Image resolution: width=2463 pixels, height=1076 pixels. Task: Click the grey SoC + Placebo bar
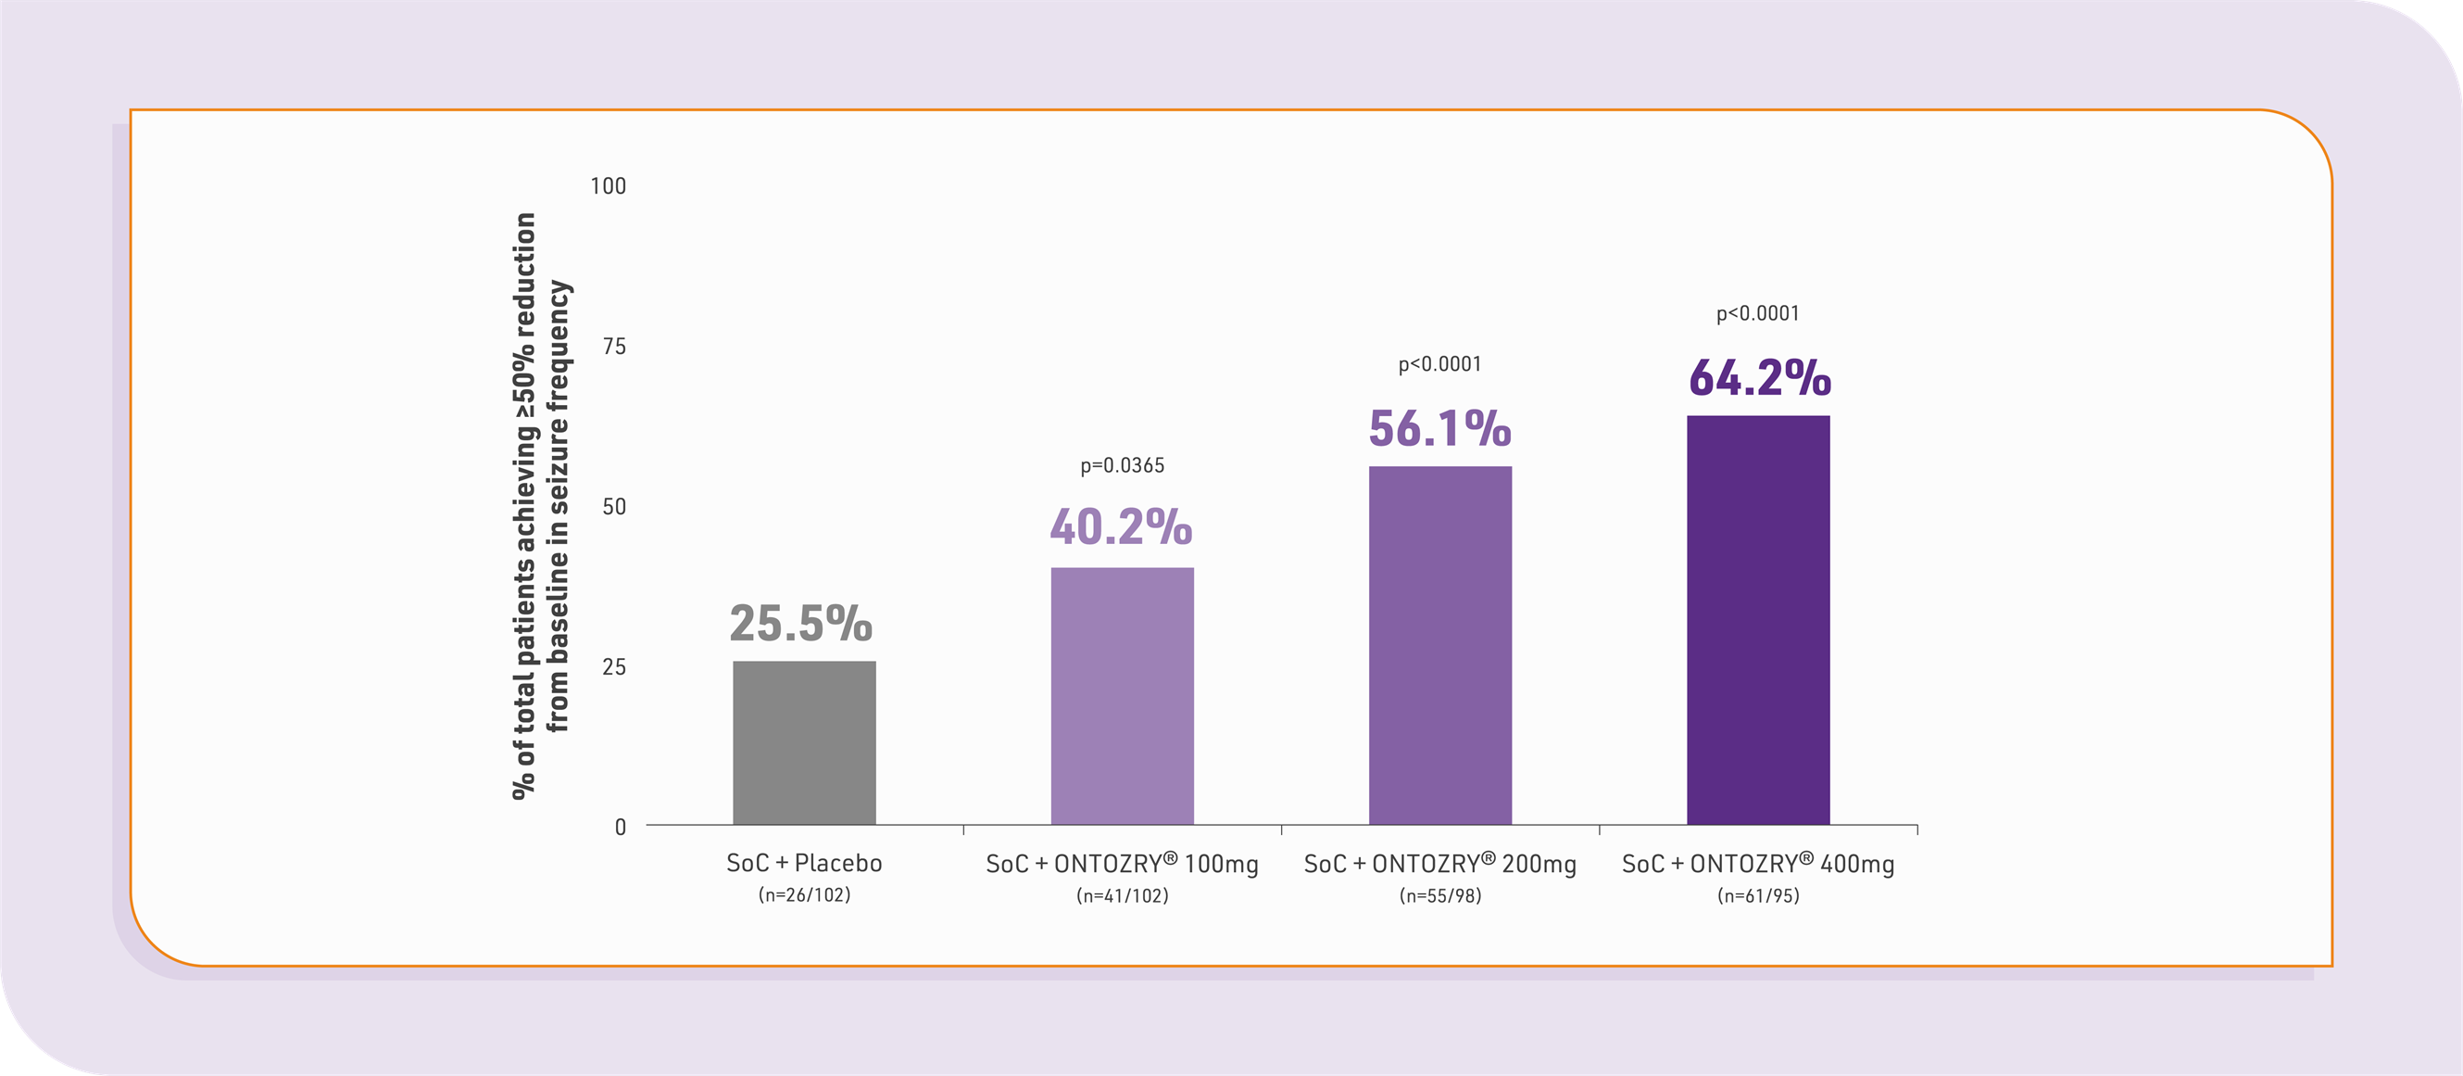click(804, 742)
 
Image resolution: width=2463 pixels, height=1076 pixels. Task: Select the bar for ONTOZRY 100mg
click(1122, 695)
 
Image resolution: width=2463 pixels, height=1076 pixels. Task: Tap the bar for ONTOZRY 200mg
click(1440, 645)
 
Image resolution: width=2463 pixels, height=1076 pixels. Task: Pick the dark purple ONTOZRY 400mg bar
click(1757, 620)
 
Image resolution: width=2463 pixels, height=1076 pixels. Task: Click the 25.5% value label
click(801, 624)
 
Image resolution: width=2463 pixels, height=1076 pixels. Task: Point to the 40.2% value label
click(1121, 527)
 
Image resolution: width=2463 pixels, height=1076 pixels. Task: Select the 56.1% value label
click(1440, 428)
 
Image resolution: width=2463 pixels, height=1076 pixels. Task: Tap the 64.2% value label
click(1759, 378)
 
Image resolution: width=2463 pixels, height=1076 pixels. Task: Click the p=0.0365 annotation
click(1123, 466)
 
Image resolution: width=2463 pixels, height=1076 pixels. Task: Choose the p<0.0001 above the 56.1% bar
click(1440, 364)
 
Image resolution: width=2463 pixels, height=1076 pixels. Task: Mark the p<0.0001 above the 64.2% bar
click(1757, 313)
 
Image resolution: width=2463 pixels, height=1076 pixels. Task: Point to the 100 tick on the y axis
click(608, 186)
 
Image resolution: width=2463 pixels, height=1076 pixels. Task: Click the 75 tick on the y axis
click(614, 347)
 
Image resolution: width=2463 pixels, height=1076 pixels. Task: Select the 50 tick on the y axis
click(614, 507)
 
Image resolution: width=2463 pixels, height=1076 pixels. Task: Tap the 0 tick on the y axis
click(621, 828)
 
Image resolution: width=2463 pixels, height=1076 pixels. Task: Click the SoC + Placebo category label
click(804, 864)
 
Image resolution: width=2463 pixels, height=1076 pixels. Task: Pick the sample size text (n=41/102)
click(1122, 896)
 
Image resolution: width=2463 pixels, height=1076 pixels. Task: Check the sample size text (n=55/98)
click(1440, 896)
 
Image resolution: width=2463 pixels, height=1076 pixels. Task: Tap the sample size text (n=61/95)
click(1757, 896)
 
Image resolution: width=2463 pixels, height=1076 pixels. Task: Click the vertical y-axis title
click(541, 505)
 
